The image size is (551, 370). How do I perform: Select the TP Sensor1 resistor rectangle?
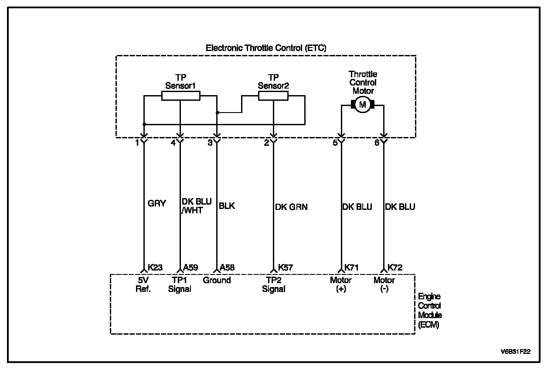[181, 96]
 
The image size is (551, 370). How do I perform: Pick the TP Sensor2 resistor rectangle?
[273, 96]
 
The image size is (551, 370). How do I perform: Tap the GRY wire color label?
[157, 203]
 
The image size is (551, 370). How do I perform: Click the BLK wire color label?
[227, 206]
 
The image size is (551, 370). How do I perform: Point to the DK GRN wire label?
[291, 207]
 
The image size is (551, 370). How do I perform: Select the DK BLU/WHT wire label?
[196, 206]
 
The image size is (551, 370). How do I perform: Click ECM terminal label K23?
[155, 267]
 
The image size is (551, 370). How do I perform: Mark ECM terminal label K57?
[286, 267]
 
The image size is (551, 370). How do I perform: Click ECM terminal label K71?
[352, 267]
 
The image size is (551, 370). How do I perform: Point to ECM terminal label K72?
[395, 267]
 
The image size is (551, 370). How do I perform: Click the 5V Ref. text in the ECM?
[144, 284]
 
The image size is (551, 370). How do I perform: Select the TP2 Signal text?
[274, 284]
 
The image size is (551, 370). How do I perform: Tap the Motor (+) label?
[341, 284]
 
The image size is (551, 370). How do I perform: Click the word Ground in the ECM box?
[217, 280]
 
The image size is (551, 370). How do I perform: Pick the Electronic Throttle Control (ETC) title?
[266, 47]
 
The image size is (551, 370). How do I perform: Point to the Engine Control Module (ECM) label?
[430, 311]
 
